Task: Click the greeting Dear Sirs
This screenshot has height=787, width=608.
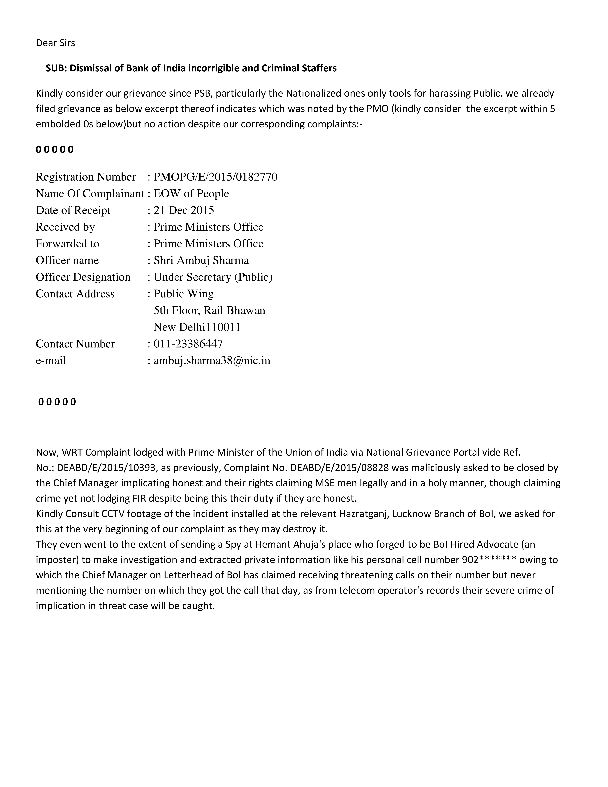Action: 55,43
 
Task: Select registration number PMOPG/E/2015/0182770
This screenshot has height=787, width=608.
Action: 215,177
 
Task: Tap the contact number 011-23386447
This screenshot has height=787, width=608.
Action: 188,344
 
